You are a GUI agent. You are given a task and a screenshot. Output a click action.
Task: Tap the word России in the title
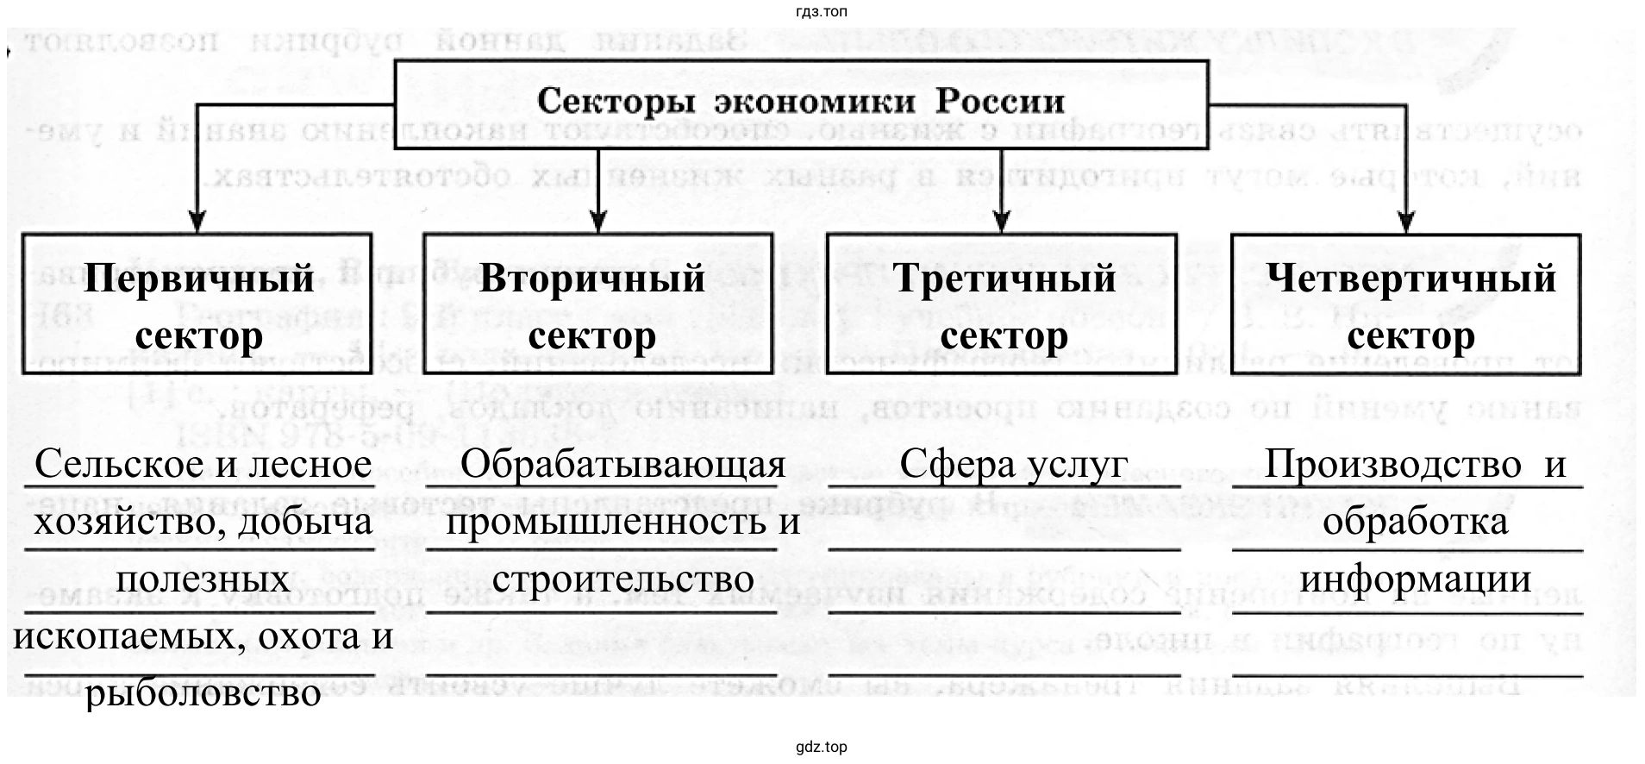pyautogui.click(x=1000, y=102)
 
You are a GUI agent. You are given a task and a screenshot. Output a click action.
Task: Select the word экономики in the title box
pyautogui.click(x=815, y=102)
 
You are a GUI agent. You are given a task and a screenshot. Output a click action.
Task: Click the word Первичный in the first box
pyautogui.click(x=198, y=279)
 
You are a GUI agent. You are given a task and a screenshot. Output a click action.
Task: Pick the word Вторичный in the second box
pyautogui.click(x=592, y=279)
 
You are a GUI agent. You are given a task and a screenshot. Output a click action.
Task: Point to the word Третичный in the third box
pyautogui.click(x=1004, y=279)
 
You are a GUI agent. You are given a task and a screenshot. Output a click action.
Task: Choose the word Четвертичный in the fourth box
pyautogui.click(x=1411, y=279)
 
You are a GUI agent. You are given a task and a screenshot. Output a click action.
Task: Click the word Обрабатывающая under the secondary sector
pyautogui.click(x=622, y=465)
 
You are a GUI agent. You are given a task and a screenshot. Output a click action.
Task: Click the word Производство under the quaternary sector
pyautogui.click(x=1392, y=465)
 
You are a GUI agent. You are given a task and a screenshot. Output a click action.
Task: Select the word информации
pyautogui.click(x=1415, y=579)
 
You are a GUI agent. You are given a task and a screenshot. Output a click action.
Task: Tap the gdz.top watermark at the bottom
pyautogui.click(x=822, y=748)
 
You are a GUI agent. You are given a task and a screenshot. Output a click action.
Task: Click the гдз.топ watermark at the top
pyautogui.click(x=822, y=12)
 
